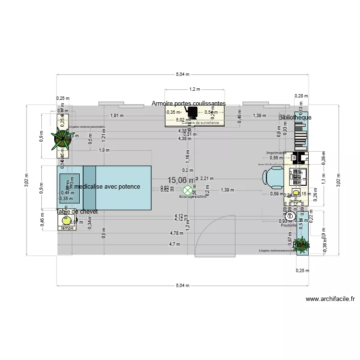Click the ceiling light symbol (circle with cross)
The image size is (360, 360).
coord(188,191)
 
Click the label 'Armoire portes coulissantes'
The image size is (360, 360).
coord(189,103)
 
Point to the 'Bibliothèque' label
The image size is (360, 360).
coord(295,117)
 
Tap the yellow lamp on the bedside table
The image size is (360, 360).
coord(65,221)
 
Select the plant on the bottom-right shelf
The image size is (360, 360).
coord(301,244)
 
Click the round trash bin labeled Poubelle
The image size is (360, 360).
coord(289,217)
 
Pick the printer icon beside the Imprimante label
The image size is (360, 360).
coord(300,157)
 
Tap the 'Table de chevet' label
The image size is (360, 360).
coord(77,212)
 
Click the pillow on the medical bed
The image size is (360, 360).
coord(70,187)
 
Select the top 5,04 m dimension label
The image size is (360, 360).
coord(182,74)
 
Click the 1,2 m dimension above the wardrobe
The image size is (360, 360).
coord(194,89)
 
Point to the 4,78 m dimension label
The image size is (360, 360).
coord(176,233)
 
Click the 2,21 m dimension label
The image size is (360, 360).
coord(206,178)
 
